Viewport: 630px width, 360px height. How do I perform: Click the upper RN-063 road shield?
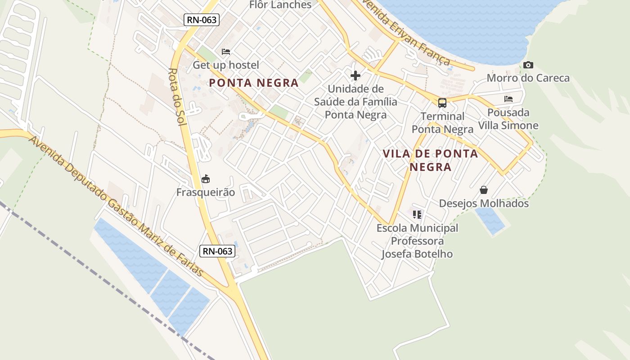(x=201, y=20)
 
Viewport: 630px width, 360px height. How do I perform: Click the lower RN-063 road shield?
(x=218, y=251)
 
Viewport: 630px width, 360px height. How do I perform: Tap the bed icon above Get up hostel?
(x=226, y=52)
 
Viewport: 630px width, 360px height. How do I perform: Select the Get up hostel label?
(x=226, y=65)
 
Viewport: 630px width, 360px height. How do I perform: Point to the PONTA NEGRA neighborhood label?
(x=254, y=83)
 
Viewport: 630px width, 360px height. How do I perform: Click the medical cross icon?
(x=355, y=75)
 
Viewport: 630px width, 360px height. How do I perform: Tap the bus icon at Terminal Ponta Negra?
(x=442, y=103)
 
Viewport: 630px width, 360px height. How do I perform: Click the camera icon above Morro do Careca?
(x=528, y=65)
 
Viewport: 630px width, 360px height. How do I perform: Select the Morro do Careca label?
(x=528, y=78)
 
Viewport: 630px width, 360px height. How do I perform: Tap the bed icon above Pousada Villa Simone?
(x=508, y=99)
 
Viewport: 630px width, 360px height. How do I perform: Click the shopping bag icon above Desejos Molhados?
(x=484, y=190)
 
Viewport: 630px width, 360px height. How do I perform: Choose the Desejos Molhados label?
(x=484, y=203)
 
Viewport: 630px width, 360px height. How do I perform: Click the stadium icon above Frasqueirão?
(x=206, y=179)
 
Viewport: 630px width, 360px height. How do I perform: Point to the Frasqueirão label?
(x=206, y=193)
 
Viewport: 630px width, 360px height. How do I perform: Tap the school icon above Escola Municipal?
(x=417, y=215)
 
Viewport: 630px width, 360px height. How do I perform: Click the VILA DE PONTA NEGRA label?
(x=430, y=160)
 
